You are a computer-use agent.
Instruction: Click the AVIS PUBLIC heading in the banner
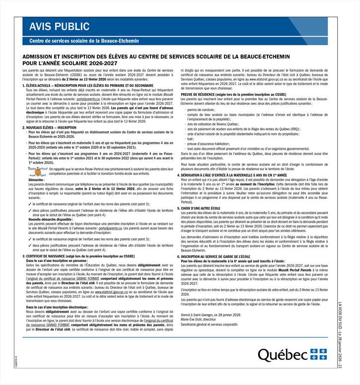[x=59, y=26]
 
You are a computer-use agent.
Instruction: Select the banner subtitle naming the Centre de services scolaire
[x=84, y=41]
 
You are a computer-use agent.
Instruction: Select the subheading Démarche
[x=36, y=180]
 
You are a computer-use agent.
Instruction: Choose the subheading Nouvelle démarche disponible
[x=51, y=218]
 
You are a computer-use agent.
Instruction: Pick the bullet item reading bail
[x=191, y=139]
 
